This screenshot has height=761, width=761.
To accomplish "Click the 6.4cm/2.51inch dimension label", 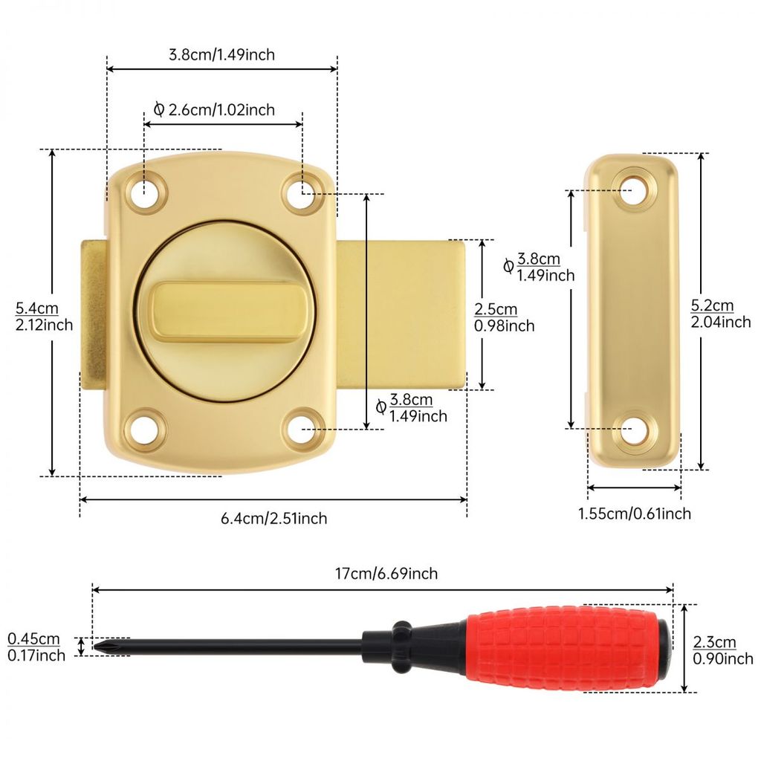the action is click(x=273, y=518).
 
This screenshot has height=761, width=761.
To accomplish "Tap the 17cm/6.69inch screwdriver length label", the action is click(x=386, y=574).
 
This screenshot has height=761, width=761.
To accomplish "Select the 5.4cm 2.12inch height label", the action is click(x=44, y=317).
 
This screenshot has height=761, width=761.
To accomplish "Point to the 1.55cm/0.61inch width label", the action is click(x=635, y=514).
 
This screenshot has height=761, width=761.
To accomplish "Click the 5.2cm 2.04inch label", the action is click(x=721, y=314).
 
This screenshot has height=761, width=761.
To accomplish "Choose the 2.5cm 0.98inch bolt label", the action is click(x=505, y=317).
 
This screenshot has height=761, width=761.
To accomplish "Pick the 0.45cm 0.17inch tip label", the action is click(x=36, y=647).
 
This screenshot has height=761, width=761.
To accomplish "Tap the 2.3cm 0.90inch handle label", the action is click(x=722, y=650).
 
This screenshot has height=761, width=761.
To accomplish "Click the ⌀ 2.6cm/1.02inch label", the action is click(x=214, y=110).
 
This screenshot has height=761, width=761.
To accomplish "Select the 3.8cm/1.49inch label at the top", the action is click(x=221, y=54).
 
